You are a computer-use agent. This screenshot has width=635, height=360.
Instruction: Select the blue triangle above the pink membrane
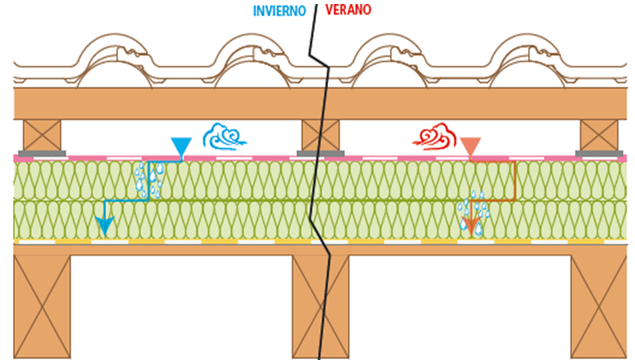pyautogui.click(x=180, y=147)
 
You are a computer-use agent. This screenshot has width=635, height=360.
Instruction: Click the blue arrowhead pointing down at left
pyautogui.click(x=103, y=225)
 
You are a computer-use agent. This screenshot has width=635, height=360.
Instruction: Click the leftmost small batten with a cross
pyautogui.click(x=43, y=135)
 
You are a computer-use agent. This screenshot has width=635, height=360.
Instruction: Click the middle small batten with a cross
pyautogui.click(x=320, y=135)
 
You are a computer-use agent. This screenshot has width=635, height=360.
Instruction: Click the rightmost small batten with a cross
pyautogui.click(x=599, y=135)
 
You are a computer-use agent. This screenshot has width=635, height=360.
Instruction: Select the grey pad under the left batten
pyautogui.click(x=43, y=153)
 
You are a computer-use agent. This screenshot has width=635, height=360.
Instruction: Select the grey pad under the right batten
pyautogui.click(x=599, y=153)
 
